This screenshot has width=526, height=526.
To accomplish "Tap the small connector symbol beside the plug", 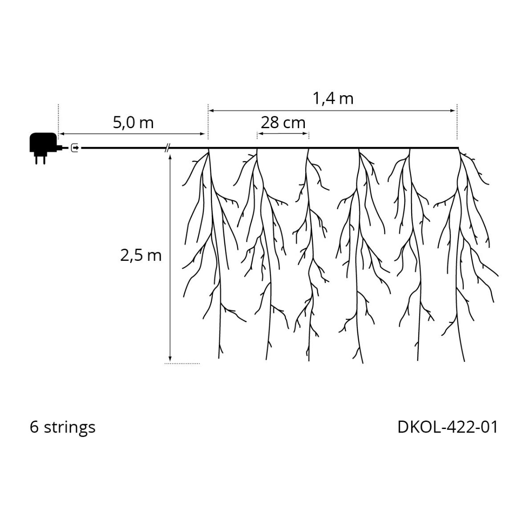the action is pyautogui.click(x=75, y=148).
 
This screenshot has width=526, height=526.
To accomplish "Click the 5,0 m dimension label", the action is pyautogui.click(x=133, y=123).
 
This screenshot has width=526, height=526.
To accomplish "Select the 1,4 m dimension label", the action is pyautogui.click(x=333, y=99).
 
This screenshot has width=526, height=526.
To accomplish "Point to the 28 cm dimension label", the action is pyautogui.click(x=283, y=123).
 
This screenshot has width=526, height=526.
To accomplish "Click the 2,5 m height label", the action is pyautogui.click(x=141, y=255).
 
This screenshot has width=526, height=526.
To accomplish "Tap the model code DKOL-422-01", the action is pyautogui.click(x=448, y=427).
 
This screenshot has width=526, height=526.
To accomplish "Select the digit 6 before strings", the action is pyautogui.click(x=34, y=427).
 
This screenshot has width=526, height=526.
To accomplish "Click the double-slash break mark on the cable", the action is pyautogui.click(x=167, y=148).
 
